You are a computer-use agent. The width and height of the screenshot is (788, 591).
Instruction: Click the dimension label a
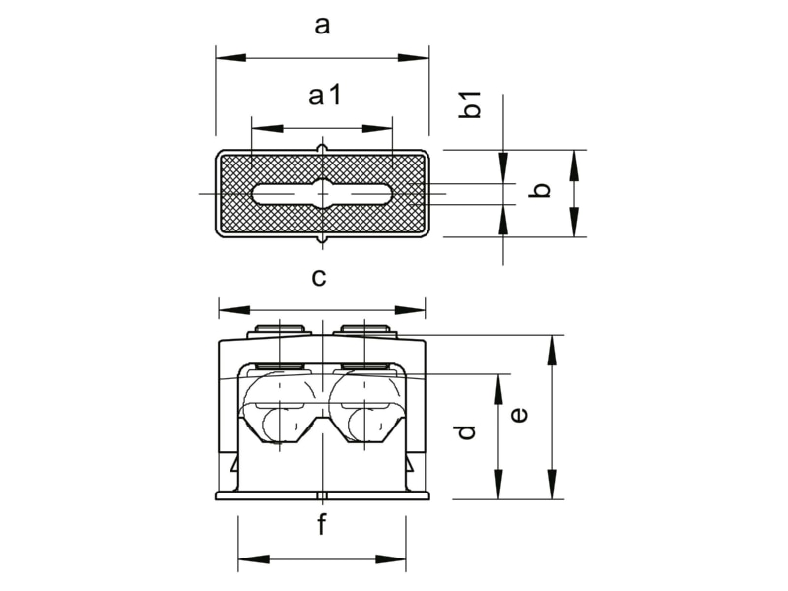tap(322, 26)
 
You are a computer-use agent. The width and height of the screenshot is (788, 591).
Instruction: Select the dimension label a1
tap(325, 95)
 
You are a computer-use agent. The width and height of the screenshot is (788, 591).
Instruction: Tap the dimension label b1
tap(471, 105)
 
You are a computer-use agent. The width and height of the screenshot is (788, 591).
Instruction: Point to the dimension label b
tap(540, 190)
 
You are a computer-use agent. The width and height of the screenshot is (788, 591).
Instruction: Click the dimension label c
tap(319, 277)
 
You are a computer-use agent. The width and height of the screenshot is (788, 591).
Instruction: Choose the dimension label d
tap(465, 432)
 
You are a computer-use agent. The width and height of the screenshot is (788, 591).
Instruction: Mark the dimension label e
tap(520, 415)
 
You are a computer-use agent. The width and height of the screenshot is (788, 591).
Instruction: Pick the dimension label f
tap(321, 524)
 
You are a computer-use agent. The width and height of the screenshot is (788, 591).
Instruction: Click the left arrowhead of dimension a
tap(231, 58)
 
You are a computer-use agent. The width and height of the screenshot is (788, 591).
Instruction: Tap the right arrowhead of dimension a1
tap(377, 129)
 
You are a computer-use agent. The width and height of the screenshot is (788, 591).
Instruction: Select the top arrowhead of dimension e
tap(552, 350)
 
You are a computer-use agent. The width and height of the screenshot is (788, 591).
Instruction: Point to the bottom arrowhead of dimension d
tap(498, 485)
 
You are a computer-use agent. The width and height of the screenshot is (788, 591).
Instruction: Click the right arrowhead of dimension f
tap(390, 559)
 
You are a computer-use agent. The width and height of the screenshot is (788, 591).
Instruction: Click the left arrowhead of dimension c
tap(234, 310)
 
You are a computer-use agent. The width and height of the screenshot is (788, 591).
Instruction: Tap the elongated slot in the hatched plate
tap(323, 193)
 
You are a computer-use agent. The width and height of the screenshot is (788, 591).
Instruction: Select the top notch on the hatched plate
tap(323, 149)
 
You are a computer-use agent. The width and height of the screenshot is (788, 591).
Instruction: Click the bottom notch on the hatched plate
tap(323, 240)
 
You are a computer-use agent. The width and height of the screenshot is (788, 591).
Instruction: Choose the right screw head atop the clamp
tap(365, 330)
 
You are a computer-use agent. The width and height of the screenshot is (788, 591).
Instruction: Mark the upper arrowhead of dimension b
tap(575, 165)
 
